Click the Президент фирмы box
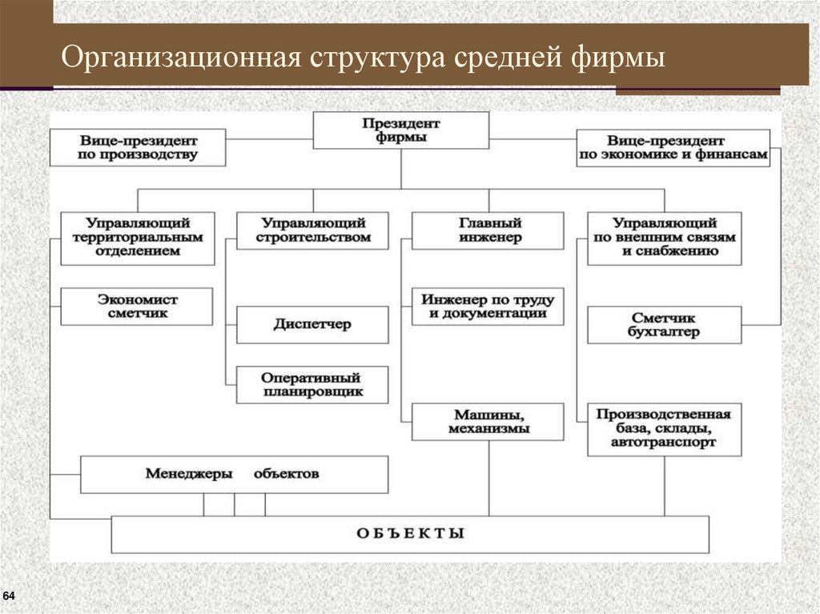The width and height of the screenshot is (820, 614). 400,130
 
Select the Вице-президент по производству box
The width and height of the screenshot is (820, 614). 138,147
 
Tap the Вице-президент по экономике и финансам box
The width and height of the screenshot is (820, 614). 672,147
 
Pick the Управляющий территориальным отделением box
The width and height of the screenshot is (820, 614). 138,238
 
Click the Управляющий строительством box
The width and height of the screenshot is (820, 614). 313,231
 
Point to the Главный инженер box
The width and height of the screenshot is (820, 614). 488,231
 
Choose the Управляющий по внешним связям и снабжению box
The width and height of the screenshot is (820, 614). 664,238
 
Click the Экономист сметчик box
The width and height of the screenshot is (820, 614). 138,306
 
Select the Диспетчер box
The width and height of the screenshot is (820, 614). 313,325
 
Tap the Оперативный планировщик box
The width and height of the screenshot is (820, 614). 313,385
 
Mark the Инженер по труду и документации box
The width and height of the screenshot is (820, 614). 488,306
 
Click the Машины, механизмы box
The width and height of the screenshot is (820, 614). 488,422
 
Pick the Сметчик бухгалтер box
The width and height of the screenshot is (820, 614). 664,325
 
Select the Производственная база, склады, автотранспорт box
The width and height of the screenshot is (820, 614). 664,429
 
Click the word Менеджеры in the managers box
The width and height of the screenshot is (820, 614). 189,474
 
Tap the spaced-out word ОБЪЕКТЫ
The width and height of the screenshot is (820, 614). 410,534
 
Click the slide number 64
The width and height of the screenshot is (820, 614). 10,596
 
